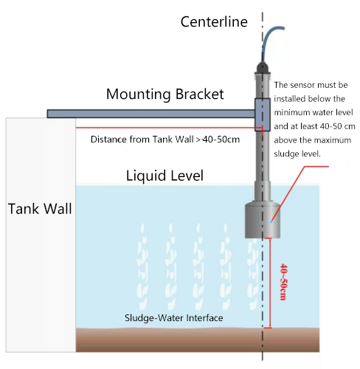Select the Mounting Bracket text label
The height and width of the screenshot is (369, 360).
[x=165, y=94]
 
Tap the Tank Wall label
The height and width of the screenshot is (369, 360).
[x=40, y=208]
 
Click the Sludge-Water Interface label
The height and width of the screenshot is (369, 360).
[x=173, y=318]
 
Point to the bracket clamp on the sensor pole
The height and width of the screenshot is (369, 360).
[x=263, y=114]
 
